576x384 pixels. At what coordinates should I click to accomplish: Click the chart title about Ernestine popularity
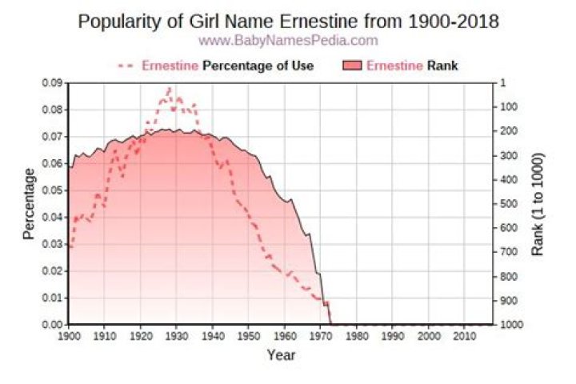coord(288,22)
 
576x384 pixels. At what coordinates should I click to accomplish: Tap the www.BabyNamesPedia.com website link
coord(288,40)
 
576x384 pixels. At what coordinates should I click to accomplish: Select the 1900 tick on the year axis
coord(69,336)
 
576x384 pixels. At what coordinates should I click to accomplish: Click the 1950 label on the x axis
coord(249,336)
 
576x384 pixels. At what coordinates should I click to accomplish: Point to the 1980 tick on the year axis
coord(357,336)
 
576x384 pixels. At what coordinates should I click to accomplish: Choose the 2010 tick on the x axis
coord(465,336)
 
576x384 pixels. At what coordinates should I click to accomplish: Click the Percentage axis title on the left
coord(29,203)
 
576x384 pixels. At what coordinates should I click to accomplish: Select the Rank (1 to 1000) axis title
coord(537,204)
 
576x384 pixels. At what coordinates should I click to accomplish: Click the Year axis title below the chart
coord(281,354)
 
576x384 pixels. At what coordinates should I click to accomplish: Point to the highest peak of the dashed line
coord(169,88)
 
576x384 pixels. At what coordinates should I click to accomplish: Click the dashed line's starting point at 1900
coord(70,247)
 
